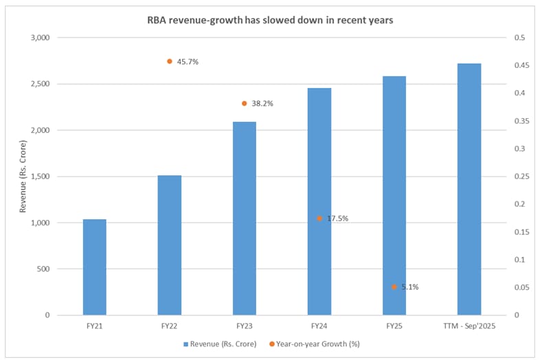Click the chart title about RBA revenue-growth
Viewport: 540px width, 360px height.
click(270, 20)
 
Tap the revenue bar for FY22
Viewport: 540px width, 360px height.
click(170, 245)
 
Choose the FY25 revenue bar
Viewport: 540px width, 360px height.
click(394, 196)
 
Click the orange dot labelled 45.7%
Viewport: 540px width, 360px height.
click(170, 61)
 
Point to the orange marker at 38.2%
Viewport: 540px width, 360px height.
click(245, 103)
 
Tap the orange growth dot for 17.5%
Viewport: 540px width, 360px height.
click(319, 218)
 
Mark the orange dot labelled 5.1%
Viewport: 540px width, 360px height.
click(394, 286)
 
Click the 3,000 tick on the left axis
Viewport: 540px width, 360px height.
click(40, 38)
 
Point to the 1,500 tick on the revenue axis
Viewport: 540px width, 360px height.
click(40, 177)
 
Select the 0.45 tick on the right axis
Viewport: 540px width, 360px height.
click(513, 65)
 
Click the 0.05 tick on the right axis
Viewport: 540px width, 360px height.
click(513, 287)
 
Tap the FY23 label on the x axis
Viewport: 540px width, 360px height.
click(245, 326)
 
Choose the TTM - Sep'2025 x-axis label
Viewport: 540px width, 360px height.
click(469, 326)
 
